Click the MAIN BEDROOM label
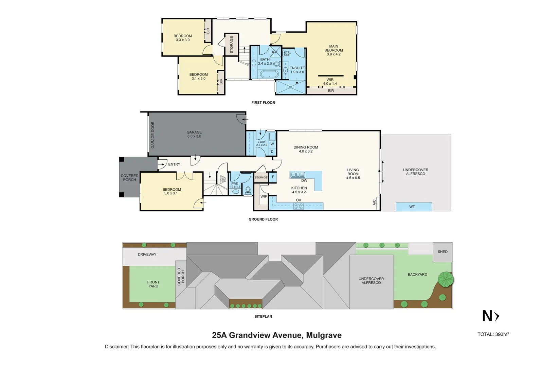[x=333, y=48]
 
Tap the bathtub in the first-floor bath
[x=269, y=74]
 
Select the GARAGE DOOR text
[x=153, y=135]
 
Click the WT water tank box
[x=414, y=207]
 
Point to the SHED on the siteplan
[x=443, y=252]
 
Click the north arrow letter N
[x=487, y=316]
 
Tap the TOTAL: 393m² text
[x=493, y=334]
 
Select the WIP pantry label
[x=264, y=196]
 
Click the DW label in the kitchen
[x=304, y=181]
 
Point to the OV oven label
[x=299, y=200]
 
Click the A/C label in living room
[x=375, y=202]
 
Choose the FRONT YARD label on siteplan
[x=153, y=284]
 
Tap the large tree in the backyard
[x=446, y=279]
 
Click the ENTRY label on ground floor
[x=174, y=164]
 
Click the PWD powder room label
[x=235, y=183]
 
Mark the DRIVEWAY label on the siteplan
[x=147, y=255]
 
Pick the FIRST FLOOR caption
[x=263, y=103]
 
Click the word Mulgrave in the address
[x=324, y=335]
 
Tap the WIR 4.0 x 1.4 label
[x=330, y=82]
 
